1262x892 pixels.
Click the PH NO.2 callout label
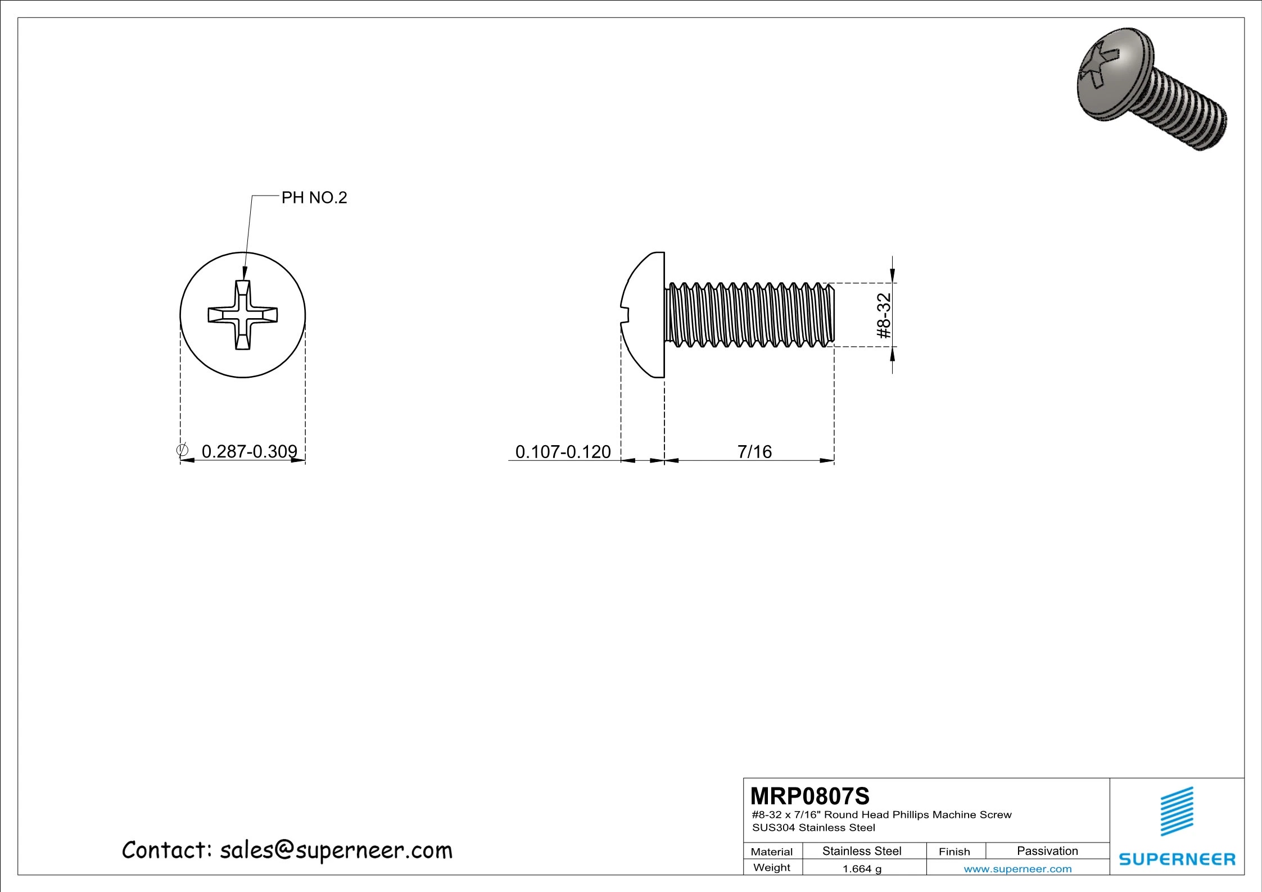tap(314, 198)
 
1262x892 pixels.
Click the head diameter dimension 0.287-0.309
tap(249, 451)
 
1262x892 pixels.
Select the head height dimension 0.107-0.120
tap(563, 451)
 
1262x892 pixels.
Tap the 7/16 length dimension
tap(754, 451)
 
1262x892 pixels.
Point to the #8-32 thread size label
tap(884, 316)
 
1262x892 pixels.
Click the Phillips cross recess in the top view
tap(243, 315)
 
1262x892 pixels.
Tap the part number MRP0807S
tap(810, 796)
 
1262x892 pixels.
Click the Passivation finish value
tap(1047, 850)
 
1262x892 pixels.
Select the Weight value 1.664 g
tap(862, 869)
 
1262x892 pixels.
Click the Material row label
tap(772, 852)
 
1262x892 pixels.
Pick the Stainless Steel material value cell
tap(862, 851)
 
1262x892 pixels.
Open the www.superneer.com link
tap(1017, 869)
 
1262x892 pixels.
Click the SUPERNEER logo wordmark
tap(1177, 859)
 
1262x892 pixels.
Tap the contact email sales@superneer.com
tap(336, 850)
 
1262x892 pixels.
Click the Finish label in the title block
tap(954, 852)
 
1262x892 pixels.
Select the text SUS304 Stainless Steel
tap(813, 827)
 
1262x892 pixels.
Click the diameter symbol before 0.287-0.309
tap(182, 450)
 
